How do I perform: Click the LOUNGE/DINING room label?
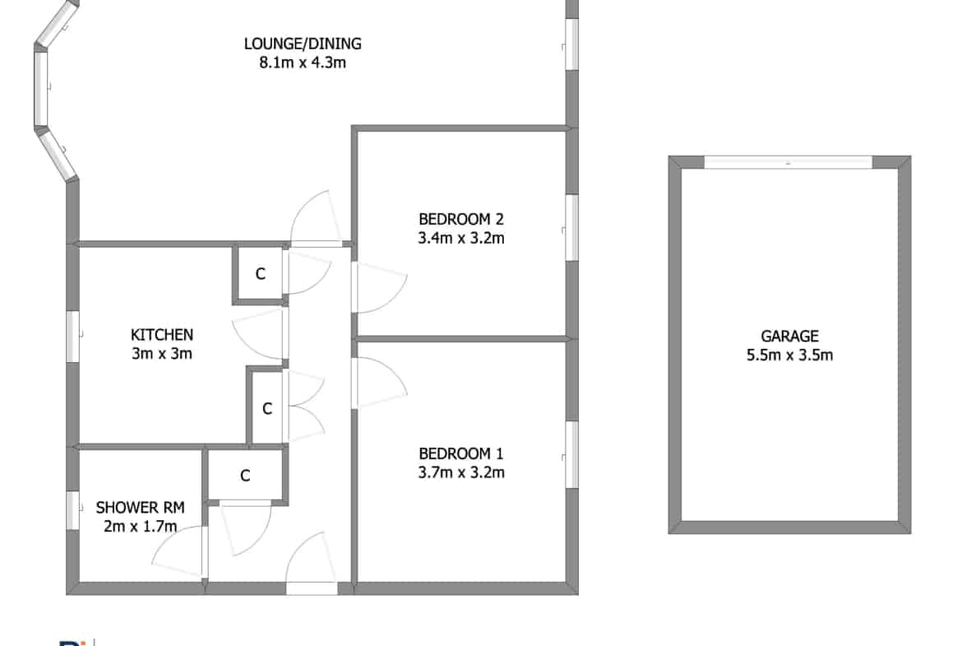(303, 44)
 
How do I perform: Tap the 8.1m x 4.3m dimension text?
(303, 63)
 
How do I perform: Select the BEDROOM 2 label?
(460, 219)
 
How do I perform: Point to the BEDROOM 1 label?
(460, 453)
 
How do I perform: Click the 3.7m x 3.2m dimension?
(461, 472)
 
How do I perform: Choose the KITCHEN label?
(162, 335)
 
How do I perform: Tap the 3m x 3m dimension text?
(162, 354)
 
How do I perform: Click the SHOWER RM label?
(140, 508)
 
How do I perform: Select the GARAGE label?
(789, 337)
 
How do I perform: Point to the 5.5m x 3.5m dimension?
(789, 355)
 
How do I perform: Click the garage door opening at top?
(788, 163)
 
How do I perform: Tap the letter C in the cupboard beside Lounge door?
(260, 274)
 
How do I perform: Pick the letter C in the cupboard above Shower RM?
(245, 476)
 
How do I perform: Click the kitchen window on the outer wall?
(73, 337)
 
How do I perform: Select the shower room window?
(73, 510)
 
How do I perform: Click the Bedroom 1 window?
(571, 454)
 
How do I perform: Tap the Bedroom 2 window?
(571, 228)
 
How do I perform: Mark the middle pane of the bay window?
(40, 88)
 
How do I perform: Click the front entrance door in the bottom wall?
(312, 588)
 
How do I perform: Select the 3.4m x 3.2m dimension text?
(461, 239)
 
